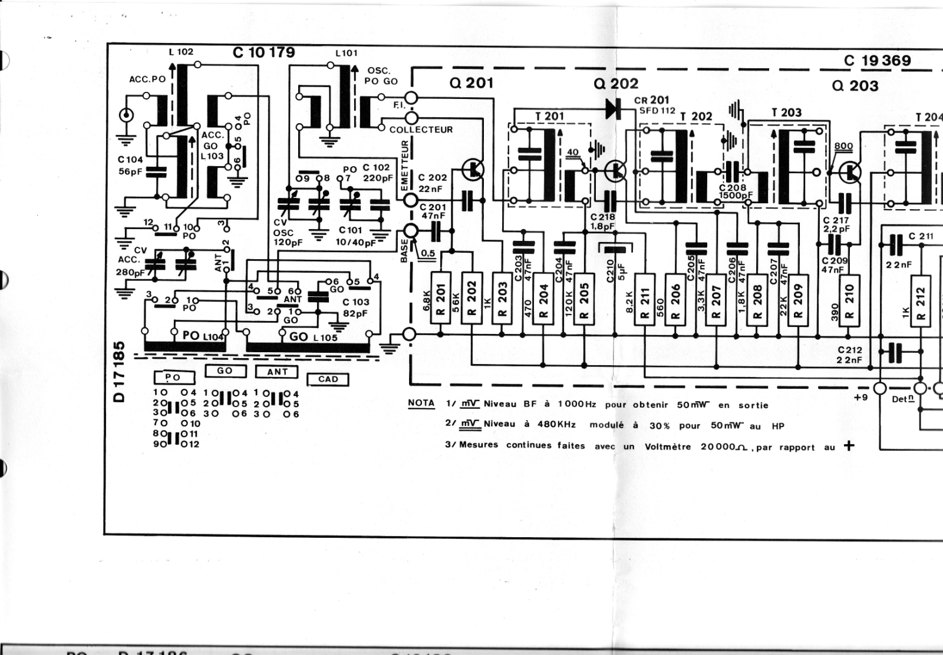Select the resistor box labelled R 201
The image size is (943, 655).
441,297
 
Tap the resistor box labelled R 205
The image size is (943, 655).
583,297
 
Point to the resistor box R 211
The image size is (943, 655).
645,297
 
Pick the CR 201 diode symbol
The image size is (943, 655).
613,108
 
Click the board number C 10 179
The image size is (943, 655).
263,52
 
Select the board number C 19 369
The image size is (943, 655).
877,61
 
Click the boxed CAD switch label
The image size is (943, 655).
328,379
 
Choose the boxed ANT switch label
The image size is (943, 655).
277,372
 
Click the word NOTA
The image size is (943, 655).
421,403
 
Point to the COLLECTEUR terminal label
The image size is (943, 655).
421,130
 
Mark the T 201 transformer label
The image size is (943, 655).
549,116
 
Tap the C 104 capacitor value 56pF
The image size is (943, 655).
130,171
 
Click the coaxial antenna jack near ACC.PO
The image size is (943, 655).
125,115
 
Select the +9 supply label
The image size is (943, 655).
860,397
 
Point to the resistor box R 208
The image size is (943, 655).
757,297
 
